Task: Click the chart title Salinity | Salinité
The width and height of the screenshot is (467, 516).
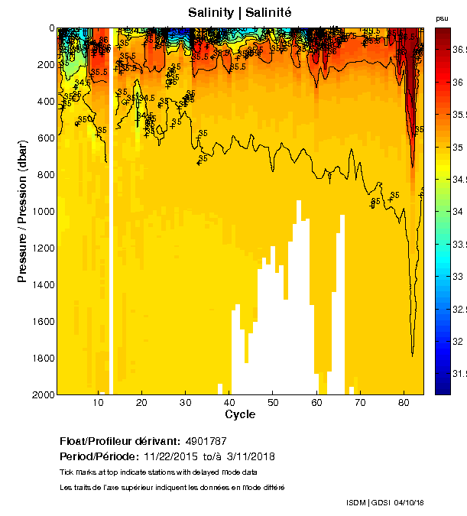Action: (240, 13)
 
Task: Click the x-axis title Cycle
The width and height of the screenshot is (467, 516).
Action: (240, 414)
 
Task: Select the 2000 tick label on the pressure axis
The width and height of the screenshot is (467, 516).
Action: (42, 394)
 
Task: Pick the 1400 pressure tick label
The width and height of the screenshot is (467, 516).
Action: (42, 284)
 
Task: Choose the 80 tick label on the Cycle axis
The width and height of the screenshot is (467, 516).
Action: (403, 402)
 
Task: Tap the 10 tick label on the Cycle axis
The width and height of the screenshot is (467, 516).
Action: (99, 402)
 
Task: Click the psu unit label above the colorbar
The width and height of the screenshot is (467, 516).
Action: (442, 18)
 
